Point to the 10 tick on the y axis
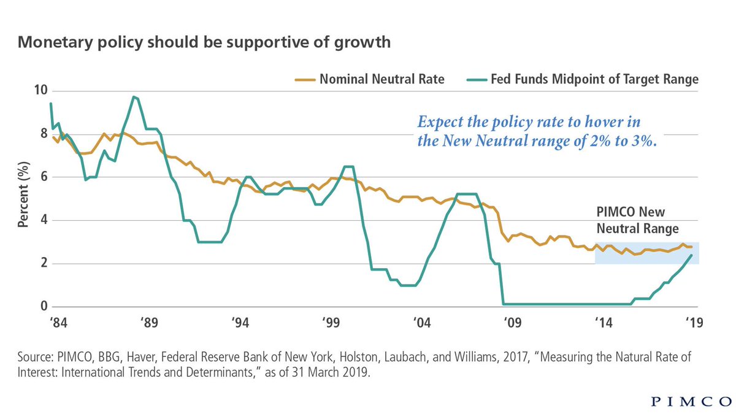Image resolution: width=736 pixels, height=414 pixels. coord(39,91)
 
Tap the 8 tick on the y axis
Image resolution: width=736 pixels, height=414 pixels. coord(42,134)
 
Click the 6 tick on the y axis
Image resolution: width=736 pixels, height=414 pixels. coord(42,177)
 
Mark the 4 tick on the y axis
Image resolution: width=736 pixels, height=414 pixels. coord(42,220)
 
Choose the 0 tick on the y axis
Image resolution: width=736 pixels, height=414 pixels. coord(42,307)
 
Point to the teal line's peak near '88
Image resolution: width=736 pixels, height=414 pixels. coord(134,97)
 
